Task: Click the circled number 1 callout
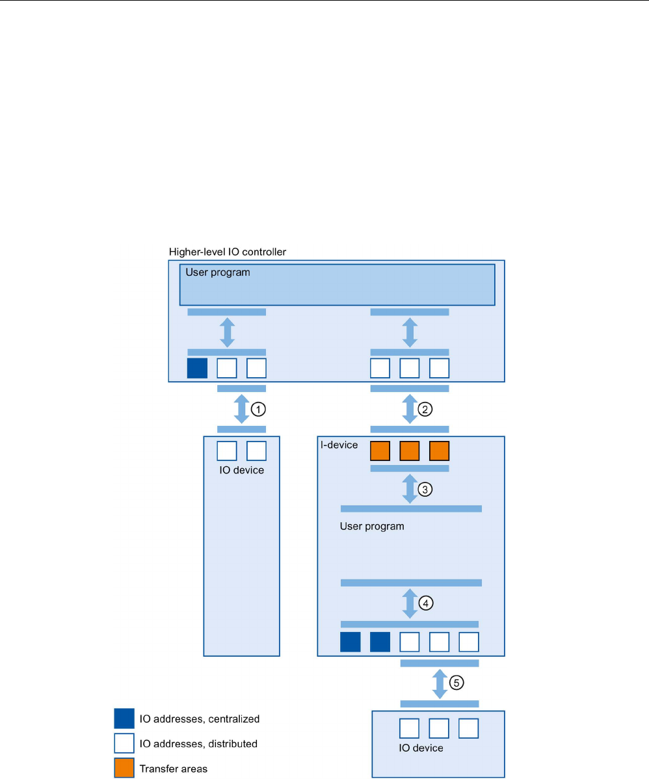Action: point(258,409)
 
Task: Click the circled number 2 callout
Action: point(425,409)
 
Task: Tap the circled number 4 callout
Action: point(425,603)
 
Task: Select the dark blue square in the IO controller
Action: point(197,368)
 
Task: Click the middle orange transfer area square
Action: point(409,451)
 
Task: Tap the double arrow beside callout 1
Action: point(241,410)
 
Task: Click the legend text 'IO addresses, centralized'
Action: point(199,719)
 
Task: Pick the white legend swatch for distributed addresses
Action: point(124,743)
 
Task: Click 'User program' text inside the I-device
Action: point(372,526)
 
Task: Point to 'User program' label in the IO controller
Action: point(218,272)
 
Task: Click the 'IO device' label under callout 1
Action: point(241,469)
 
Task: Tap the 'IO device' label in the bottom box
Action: point(421,748)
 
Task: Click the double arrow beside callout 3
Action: point(410,489)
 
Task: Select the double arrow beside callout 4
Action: point(410,603)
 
